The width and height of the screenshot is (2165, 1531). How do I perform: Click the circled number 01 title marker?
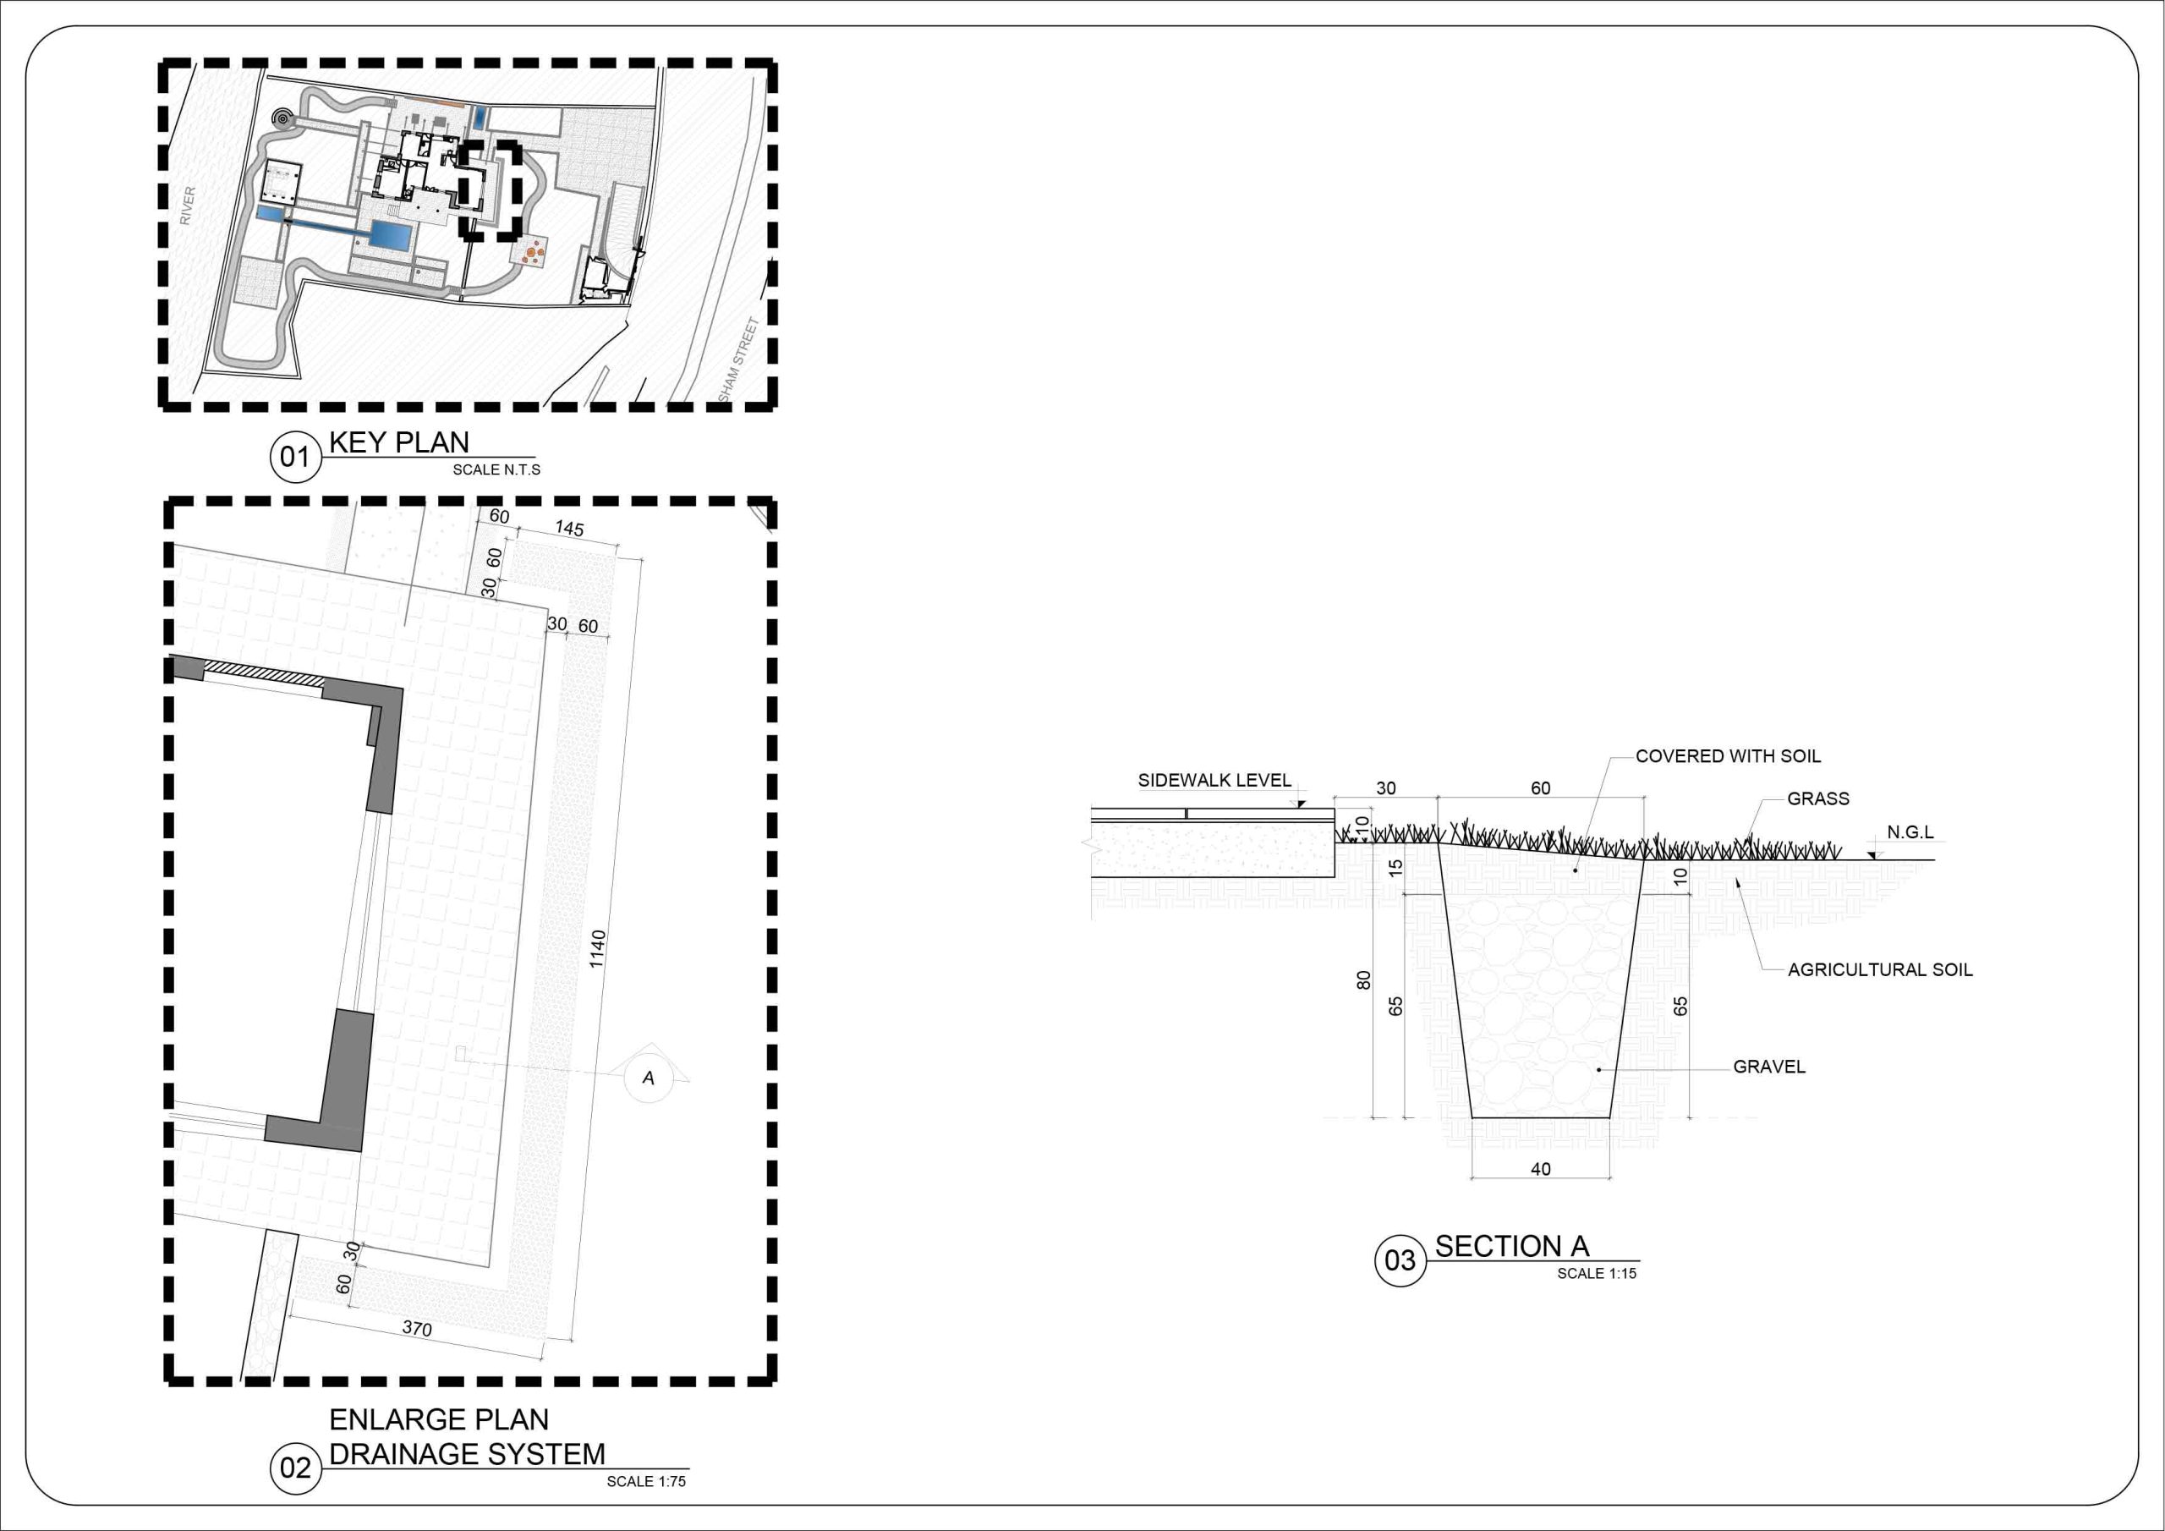(x=295, y=458)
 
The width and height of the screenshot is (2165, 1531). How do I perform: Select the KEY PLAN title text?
(x=399, y=442)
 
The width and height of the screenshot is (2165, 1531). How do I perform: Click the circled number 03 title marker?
(x=1400, y=1260)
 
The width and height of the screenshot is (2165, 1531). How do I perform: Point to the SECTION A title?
(x=1512, y=1246)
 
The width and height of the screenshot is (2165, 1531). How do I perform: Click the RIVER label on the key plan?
(x=188, y=206)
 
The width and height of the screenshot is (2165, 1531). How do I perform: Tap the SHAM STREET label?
(x=738, y=359)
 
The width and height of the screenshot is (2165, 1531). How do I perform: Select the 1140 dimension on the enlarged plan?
(x=597, y=949)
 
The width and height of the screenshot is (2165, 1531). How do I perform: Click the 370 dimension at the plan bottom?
(x=417, y=1328)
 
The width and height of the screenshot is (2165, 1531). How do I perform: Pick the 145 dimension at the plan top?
(x=568, y=529)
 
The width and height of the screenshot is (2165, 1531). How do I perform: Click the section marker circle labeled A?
(x=649, y=1078)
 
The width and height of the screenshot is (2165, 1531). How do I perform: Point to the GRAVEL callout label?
(x=1769, y=1067)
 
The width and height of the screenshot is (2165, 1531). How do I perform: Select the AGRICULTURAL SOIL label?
(x=1880, y=969)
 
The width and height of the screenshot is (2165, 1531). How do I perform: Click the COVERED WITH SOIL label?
(x=1729, y=756)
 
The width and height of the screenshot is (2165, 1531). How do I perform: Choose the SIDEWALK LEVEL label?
(x=1214, y=780)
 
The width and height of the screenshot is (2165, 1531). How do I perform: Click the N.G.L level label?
(x=1910, y=832)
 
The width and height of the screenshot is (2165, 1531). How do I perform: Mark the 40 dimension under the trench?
(x=1541, y=1169)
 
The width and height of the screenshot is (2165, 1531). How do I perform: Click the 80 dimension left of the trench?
(x=1363, y=980)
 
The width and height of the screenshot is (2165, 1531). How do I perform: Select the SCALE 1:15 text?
(x=1597, y=1274)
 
